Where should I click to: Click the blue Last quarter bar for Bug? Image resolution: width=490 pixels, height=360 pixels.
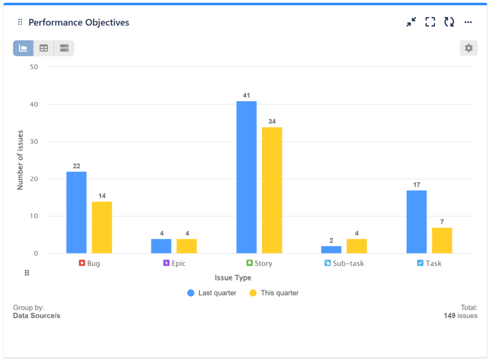[x=77, y=212]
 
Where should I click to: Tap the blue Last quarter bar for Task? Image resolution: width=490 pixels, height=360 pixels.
[x=416, y=222]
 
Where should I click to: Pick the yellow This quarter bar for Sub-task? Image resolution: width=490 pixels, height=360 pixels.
[x=356, y=246]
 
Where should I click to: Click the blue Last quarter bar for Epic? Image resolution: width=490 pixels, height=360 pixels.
[x=161, y=246]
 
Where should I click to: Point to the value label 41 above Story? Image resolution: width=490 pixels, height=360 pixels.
[x=246, y=96]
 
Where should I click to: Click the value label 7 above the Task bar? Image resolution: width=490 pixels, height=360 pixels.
[x=442, y=222]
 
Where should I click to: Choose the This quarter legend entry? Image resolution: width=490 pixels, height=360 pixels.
[x=274, y=293]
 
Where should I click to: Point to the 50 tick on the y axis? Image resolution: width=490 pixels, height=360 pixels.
[x=34, y=67]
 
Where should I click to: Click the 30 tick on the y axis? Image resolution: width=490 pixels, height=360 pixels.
[x=34, y=142]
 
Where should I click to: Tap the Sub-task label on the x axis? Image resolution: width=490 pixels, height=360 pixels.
[x=348, y=263]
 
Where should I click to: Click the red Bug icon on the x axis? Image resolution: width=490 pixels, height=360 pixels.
[x=82, y=263]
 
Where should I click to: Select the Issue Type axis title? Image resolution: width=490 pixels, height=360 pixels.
[x=233, y=278]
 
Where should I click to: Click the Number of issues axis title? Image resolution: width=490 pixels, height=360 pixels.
[x=21, y=160]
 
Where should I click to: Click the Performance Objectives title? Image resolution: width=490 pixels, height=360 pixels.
[x=79, y=22]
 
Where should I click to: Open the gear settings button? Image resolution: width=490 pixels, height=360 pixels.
[x=468, y=48]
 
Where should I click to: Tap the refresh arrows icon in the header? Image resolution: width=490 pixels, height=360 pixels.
[x=449, y=22]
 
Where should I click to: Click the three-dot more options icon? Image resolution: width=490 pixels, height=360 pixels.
[x=468, y=22]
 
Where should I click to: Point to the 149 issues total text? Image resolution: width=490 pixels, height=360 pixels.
[x=460, y=316]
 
